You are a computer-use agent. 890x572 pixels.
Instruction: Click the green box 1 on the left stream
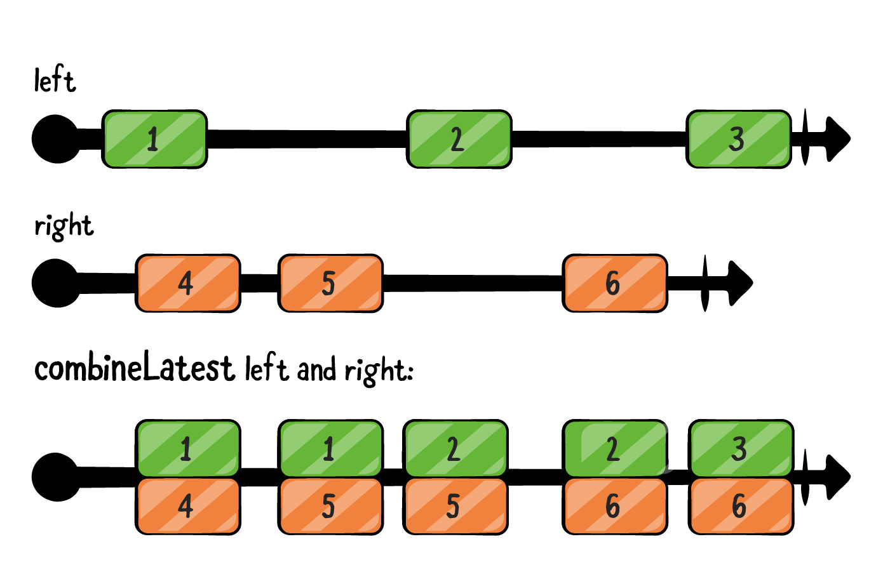pyautogui.click(x=154, y=139)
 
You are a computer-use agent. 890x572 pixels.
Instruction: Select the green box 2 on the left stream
pyautogui.click(x=459, y=139)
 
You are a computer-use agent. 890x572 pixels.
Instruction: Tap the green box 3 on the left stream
pyautogui.click(x=738, y=139)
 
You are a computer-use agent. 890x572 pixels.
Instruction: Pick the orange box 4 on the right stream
pyautogui.click(x=187, y=283)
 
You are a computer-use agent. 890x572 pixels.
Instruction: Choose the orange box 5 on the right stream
pyautogui.click(x=330, y=283)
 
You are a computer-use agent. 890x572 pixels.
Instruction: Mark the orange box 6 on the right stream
pyautogui.click(x=614, y=283)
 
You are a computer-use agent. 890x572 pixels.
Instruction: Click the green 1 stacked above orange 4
pyautogui.click(x=187, y=448)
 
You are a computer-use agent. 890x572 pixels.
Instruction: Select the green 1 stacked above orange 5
pyautogui.click(x=330, y=448)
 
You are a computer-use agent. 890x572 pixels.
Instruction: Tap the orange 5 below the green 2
pyautogui.click(x=455, y=506)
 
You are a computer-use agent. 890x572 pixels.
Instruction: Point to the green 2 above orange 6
pyautogui.click(x=614, y=448)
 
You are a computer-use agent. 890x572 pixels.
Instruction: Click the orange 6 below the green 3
pyautogui.click(x=741, y=506)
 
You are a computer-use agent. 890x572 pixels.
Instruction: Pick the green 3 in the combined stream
pyautogui.click(x=741, y=448)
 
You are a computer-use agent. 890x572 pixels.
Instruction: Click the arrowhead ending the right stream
pyautogui.click(x=739, y=283)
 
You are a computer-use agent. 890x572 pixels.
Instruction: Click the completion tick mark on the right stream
pyautogui.click(x=705, y=283)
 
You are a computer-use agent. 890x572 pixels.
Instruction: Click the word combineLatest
pyautogui.click(x=134, y=368)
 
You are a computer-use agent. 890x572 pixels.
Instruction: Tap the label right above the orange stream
pyautogui.click(x=64, y=226)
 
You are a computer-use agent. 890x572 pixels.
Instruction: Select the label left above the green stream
pyautogui.click(x=55, y=81)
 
